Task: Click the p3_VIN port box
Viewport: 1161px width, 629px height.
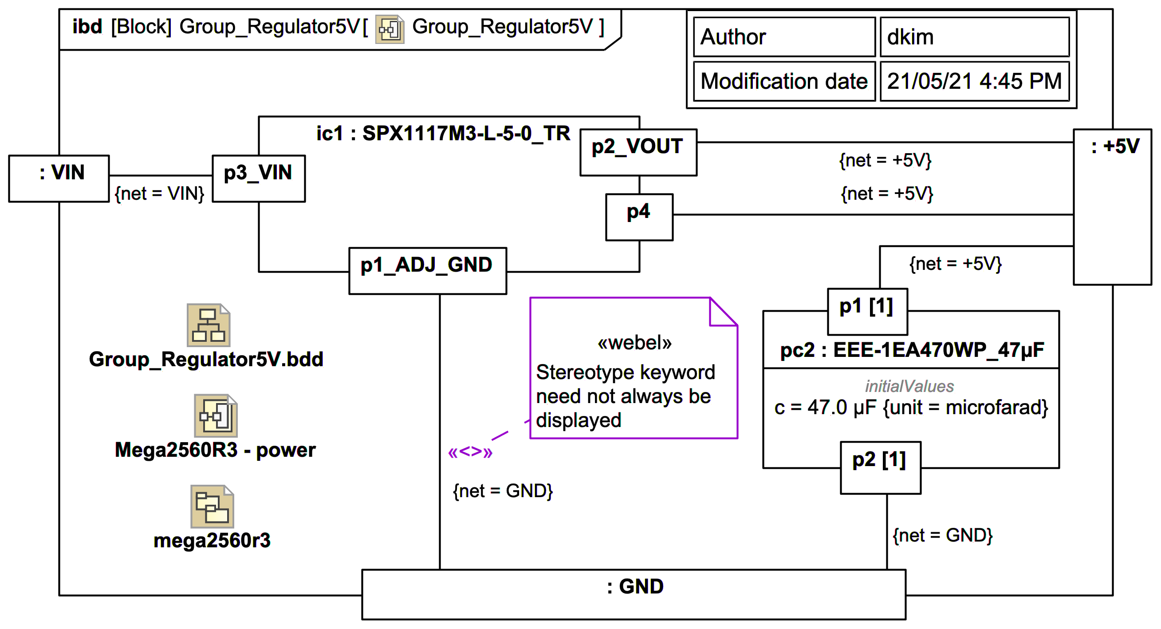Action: (258, 178)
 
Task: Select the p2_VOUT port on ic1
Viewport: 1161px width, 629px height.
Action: (638, 152)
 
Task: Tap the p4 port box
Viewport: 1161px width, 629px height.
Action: (639, 217)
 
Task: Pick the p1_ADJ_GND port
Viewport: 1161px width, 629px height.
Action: (427, 270)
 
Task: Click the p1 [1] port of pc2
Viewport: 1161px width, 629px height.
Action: (867, 311)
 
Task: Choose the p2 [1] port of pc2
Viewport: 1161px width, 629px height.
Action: (880, 467)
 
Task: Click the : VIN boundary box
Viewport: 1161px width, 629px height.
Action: (59, 178)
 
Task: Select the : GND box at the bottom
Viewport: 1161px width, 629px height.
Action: (634, 594)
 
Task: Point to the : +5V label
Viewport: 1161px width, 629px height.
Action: (1115, 147)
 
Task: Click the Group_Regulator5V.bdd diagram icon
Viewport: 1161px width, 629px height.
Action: (208, 325)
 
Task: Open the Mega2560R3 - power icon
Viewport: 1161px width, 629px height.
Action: (216, 415)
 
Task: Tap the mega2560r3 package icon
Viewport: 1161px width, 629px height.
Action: (212, 506)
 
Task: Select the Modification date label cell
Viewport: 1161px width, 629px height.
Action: (784, 82)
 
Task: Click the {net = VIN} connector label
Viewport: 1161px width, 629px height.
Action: (160, 194)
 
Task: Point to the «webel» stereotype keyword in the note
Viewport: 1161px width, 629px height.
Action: (634, 343)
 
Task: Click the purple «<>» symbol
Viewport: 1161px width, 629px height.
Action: (470, 451)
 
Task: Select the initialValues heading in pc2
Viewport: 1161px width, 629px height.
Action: (909, 386)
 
